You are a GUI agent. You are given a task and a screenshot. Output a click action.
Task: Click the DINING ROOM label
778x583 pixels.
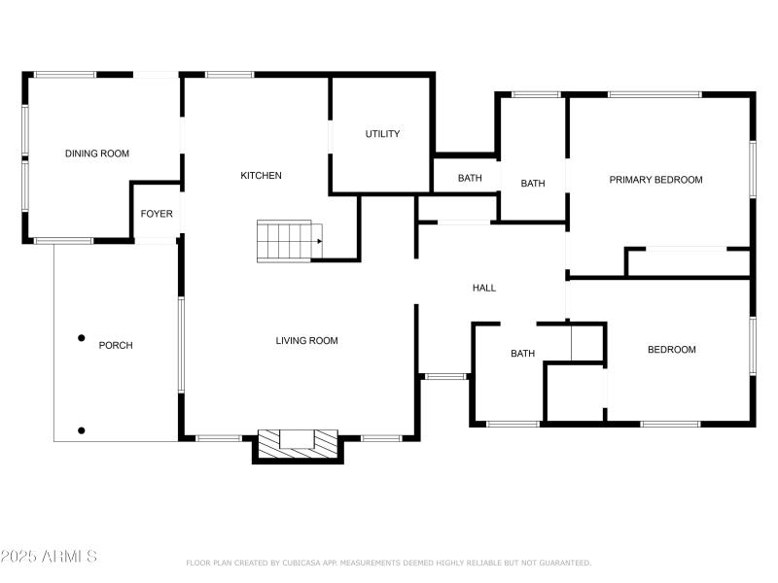click(x=97, y=154)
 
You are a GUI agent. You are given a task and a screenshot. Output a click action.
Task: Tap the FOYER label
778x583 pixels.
click(x=157, y=214)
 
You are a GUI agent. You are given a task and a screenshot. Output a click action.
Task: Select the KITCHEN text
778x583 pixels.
click(x=262, y=176)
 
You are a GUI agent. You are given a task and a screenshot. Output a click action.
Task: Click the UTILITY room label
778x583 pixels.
click(x=382, y=134)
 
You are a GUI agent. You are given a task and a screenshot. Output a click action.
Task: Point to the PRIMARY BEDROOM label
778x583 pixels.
click(x=655, y=180)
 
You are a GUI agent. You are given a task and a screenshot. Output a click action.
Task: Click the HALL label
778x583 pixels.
click(x=483, y=288)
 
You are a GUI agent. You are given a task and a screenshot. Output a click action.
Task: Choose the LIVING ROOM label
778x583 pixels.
click(x=306, y=341)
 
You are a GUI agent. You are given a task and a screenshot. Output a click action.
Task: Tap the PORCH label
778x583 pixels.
click(x=116, y=345)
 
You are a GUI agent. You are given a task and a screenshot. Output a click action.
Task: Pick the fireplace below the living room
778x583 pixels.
click(x=298, y=445)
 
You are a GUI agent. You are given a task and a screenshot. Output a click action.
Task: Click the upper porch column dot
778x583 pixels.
click(x=82, y=338)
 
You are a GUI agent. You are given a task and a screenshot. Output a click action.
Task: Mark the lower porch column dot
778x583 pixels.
click(x=82, y=430)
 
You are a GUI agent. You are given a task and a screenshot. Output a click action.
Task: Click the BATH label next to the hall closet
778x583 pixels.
click(x=522, y=354)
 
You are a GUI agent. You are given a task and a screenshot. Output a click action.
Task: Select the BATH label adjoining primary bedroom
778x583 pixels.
click(x=532, y=184)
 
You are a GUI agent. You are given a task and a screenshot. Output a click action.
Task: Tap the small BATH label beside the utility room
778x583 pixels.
click(x=470, y=178)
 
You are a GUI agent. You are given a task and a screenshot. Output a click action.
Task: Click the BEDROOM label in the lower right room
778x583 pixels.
click(x=671, y=350)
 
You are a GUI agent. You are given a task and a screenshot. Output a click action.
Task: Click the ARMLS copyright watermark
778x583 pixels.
click(x=49, y=557)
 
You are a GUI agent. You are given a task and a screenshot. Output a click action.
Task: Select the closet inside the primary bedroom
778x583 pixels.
click(x=687, y=261)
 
